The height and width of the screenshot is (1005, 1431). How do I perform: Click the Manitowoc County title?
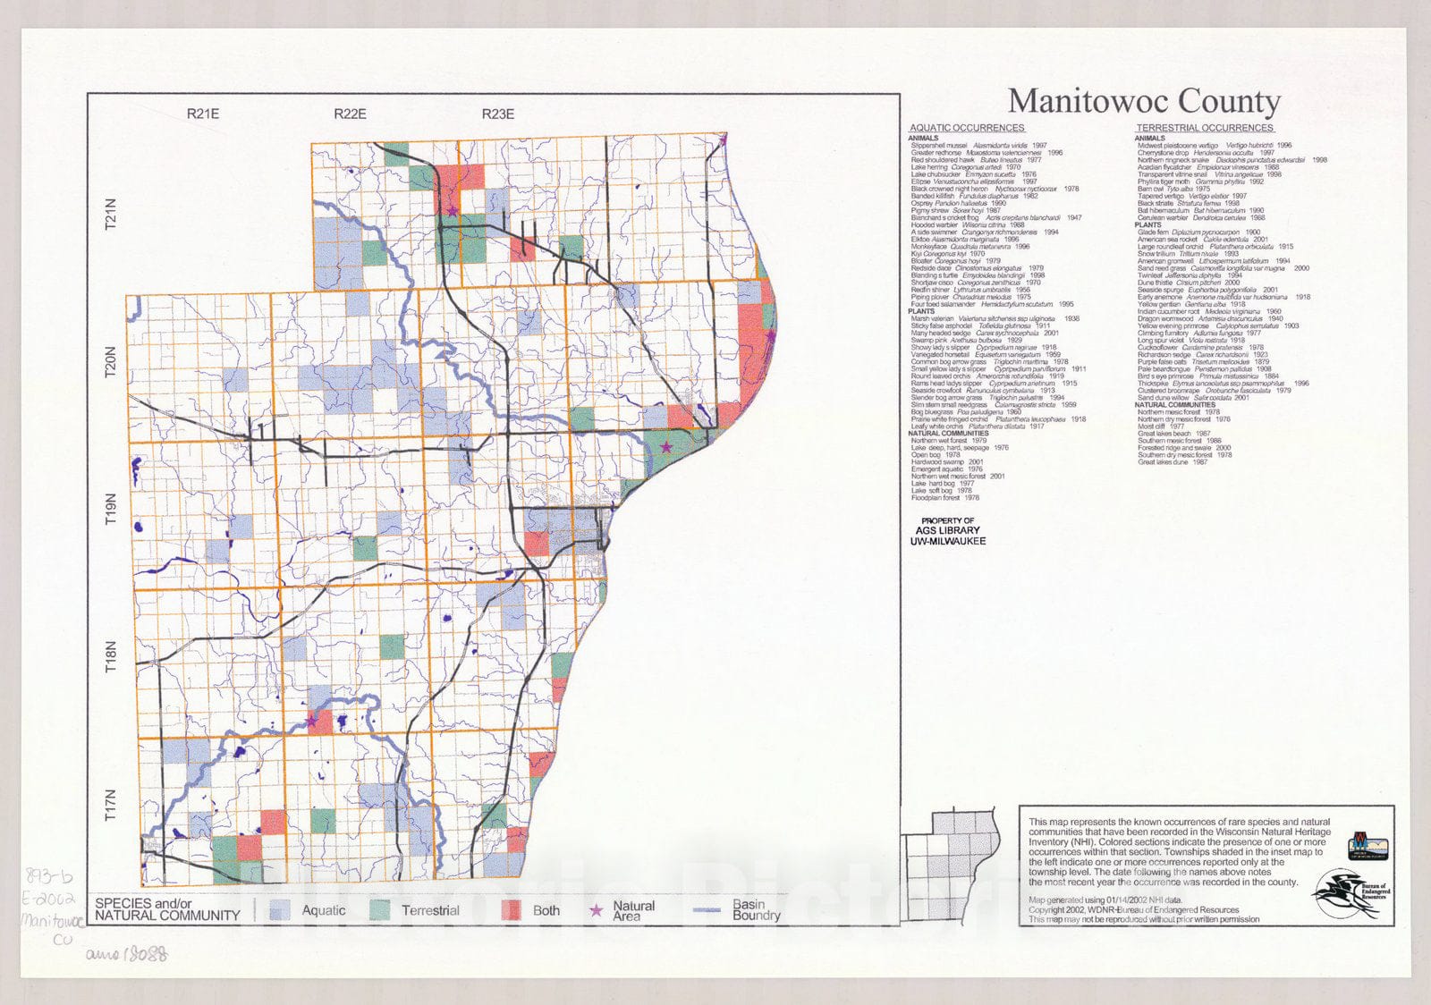(x=1144, y=102)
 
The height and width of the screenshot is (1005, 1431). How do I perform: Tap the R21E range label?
(x=203, y=114)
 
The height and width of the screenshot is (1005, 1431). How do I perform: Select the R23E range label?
(x=497, y=114)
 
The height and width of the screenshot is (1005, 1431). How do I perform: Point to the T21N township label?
(x=111, y=215)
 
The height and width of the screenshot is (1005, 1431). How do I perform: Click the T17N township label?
(x=111, y=805)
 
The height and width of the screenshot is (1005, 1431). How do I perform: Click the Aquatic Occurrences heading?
(x=966, y=129)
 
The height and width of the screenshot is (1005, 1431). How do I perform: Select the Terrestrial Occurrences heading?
(x=1205, y=129)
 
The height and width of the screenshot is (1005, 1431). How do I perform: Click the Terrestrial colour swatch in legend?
(x=380, y=910)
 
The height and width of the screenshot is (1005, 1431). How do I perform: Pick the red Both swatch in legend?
(x=510, y=910)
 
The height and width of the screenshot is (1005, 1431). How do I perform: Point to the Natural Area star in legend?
(x=596, y=910)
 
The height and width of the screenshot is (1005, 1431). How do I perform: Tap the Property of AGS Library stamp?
(x=947, y=531)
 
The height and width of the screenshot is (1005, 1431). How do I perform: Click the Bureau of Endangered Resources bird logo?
(x=1351, y=895)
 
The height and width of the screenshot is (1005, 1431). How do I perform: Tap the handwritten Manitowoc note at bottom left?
(x=52, y=920)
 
